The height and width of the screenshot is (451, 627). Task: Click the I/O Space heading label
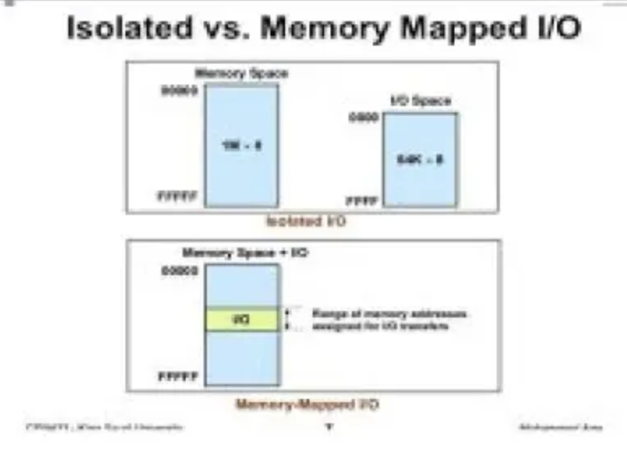[421, 101]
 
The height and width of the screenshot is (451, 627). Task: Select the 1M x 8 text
[241, 146]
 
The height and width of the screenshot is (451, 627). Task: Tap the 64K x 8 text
[420, 160]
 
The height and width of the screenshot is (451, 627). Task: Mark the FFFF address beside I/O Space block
[362, 199]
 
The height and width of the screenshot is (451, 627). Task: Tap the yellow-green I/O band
[242, 320]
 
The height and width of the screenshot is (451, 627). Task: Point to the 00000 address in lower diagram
[180, 271]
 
